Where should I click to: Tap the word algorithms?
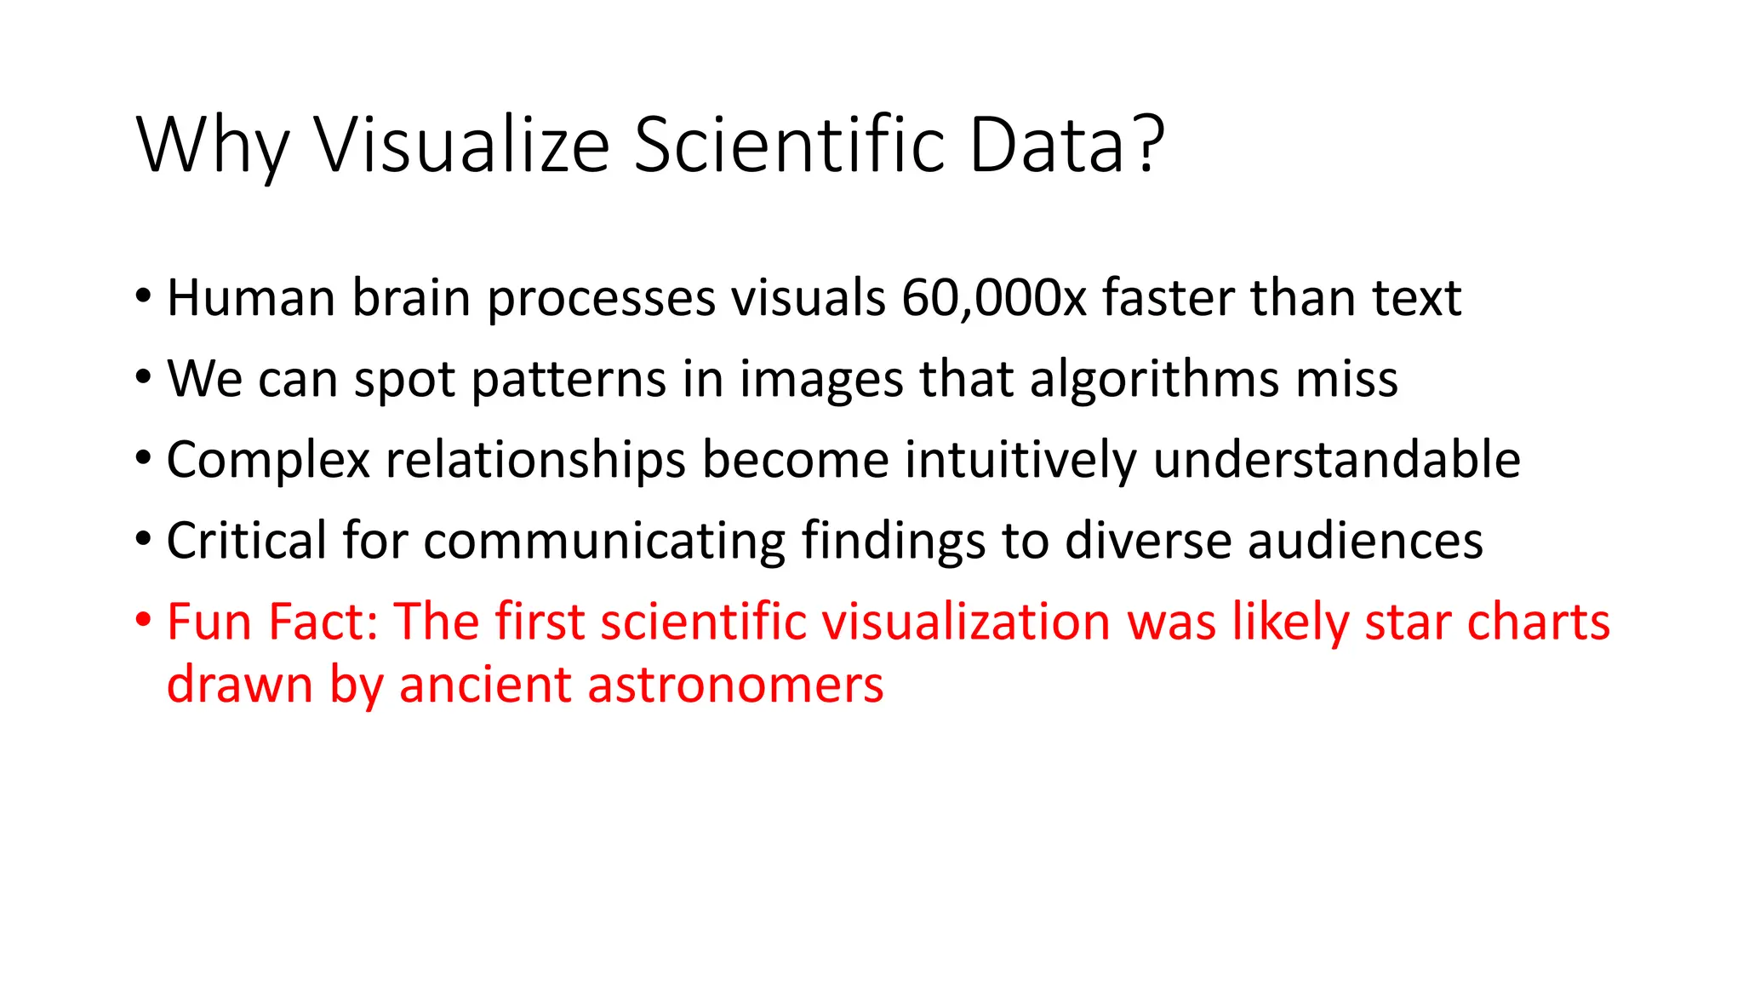click(x=1154, y=379)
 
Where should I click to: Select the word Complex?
click(x=268, y=460)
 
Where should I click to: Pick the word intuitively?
click(x=1020, y=460)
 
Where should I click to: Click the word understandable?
click(x=1336, y=460)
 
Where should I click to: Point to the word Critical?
click(x=246, y=541)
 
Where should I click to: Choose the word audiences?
click(x=1365, y=541)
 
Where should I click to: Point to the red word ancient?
click(x=484, y=685)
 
